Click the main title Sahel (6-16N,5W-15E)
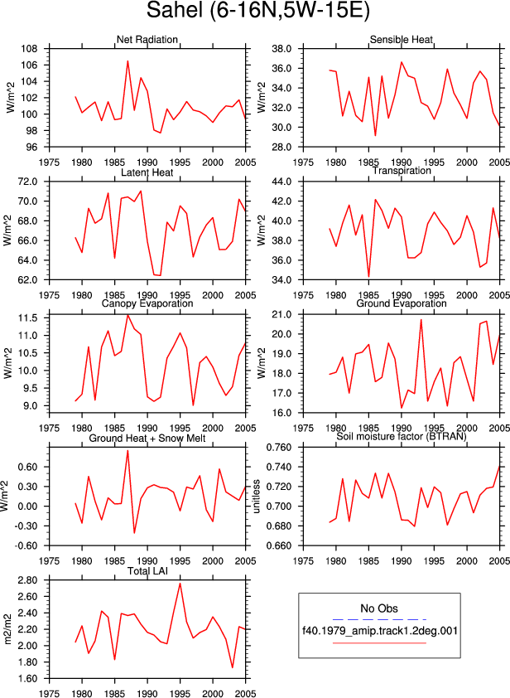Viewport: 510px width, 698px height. click(x=257, y=11)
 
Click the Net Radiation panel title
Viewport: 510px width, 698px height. click(x=147, y=40)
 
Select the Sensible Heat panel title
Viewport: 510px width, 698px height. click(x=402, y=40)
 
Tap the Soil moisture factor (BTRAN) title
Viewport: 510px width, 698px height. click(x=402, y=436)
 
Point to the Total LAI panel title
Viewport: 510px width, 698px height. click(x=147, y=570)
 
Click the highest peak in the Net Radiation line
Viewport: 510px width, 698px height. click(x=127, y=61)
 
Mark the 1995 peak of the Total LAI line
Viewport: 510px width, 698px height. click(x=180, y=583)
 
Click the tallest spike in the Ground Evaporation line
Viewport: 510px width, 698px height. click(x=421, y=319)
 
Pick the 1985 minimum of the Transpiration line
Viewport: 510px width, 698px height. click(x=368, y=276)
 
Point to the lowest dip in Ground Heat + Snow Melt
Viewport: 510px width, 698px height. click(x=134, y=533)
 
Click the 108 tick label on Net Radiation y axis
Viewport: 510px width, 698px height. click(x=29, y=49)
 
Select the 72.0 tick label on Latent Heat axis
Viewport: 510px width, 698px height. click(x=27, y=182)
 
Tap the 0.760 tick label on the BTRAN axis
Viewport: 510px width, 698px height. click(x=278, y=448)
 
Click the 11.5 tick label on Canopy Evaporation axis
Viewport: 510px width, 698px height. click(x=27, y=317)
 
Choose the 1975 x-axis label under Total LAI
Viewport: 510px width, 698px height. click(x=49, y=694)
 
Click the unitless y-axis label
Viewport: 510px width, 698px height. click(x=256, y=497)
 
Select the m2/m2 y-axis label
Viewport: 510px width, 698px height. click(x=7, y=629)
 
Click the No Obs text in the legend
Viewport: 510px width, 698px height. click(x=379, y=608)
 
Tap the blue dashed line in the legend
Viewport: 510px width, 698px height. click(x=379, y=619)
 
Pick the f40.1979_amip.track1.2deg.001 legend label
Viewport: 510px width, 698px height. click(x=380, y=631)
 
